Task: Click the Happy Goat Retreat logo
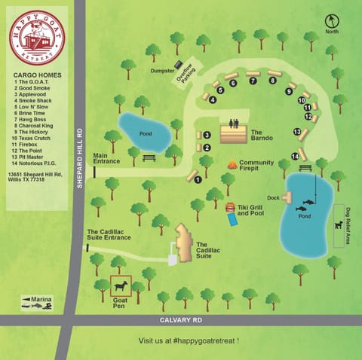(36, 37)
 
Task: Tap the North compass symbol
(332, 22)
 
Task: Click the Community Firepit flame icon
(232, 164)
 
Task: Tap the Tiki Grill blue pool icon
(231, 218)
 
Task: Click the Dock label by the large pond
(273, 198)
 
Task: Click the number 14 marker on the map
(295, 156)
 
